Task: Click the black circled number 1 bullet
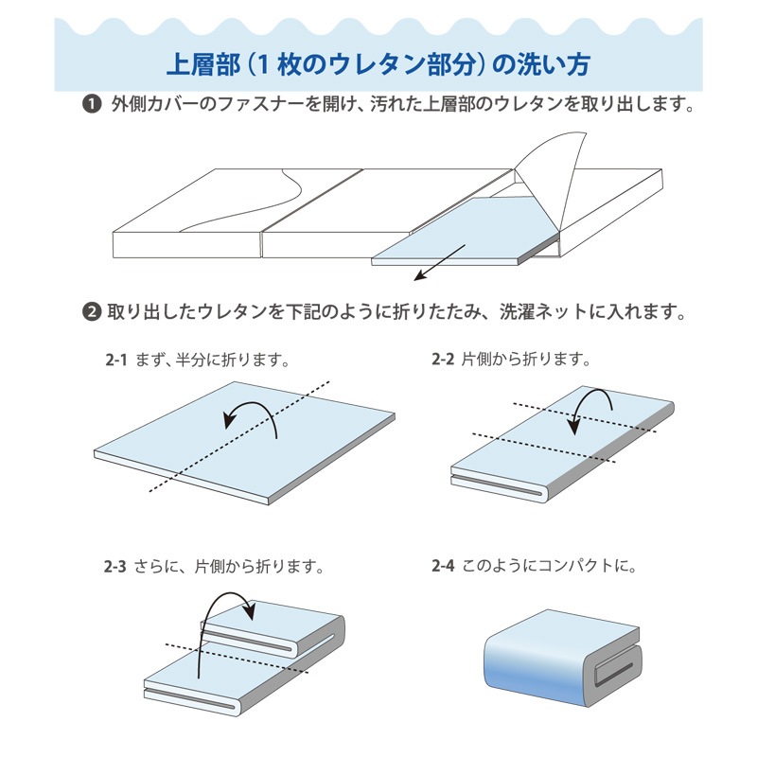point(92,105)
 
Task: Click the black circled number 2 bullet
point(92,311)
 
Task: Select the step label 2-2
point(443,360)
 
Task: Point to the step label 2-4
point(443,568)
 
